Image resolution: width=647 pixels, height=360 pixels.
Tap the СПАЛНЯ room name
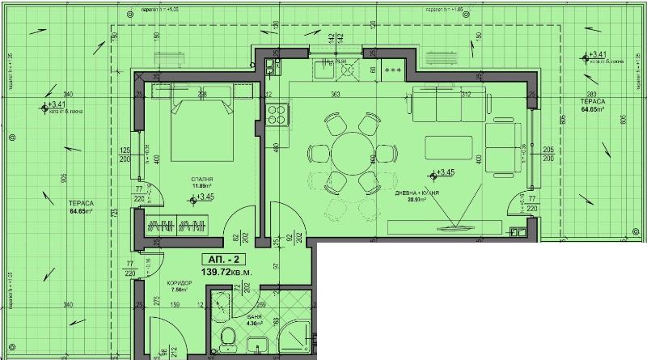[x=203, y=180]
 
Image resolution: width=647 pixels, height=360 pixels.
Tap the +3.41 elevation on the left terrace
[x=53, y=105]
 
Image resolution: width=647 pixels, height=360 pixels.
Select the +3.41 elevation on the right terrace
[x=594, y=56]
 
